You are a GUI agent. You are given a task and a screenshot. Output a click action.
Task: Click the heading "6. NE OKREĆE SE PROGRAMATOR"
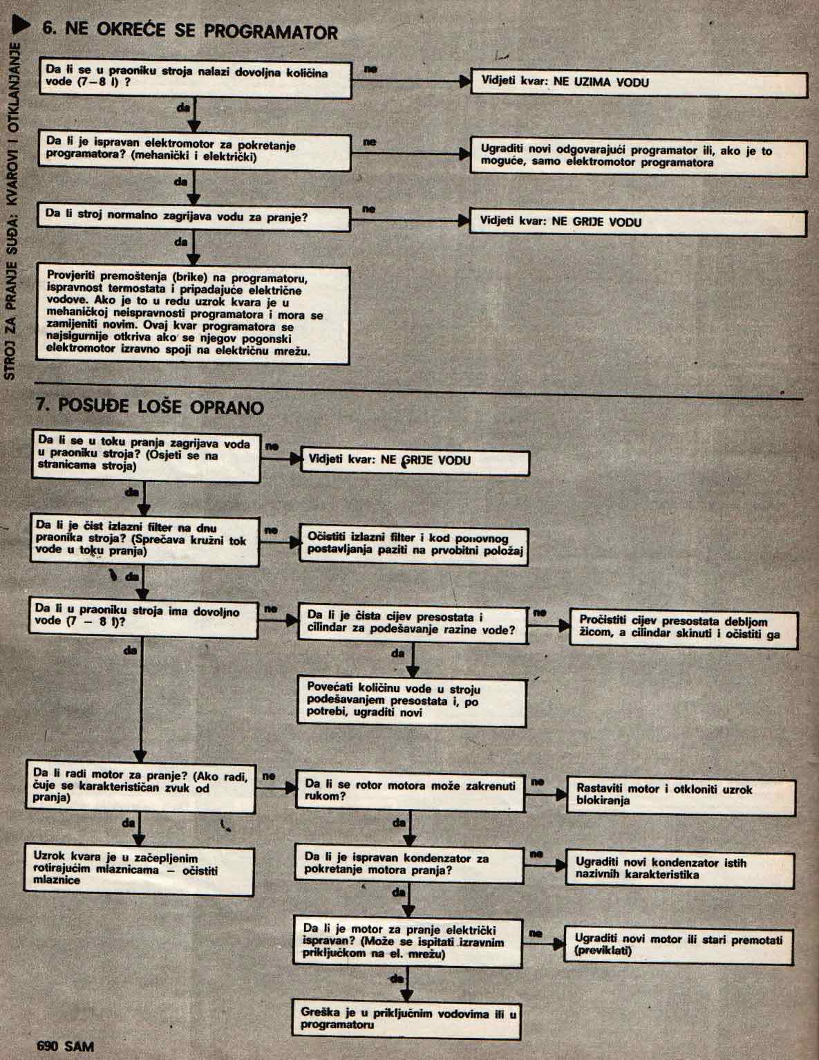[190, 31]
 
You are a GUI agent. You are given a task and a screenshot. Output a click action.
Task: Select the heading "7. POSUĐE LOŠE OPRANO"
[150, 406]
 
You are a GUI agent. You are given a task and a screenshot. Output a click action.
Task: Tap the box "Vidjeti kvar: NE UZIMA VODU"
[639, 83]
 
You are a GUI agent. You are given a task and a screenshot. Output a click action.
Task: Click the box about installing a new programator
[639, 156]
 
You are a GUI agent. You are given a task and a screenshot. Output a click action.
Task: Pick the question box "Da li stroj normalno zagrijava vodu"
[195, 216]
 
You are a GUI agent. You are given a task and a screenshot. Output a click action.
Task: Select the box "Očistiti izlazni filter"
[414, 545]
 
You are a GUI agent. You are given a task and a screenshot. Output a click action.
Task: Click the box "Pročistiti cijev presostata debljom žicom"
[682, 628]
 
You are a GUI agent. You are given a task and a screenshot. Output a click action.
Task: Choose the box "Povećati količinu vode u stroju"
[412, 700]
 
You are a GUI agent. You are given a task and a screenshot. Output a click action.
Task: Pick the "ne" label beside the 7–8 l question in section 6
[370, 69]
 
